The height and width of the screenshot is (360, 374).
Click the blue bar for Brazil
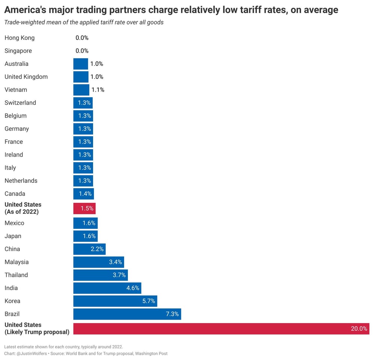pyautogui.click(x=127, y=314)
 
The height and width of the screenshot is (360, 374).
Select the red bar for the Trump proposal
pyautogui.click(x=221, y=329)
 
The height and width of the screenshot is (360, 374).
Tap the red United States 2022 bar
pyautogui.click(x=85, y=208)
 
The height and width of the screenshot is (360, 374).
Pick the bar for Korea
pyautogui.click(x=115, y=301)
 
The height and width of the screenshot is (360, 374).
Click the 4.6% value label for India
pyautogui.click(x=132, y=288)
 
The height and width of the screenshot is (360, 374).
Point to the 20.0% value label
pyautogui.click(x=359, y=329)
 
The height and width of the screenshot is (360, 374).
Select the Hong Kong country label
pyautogui.click(x=19, y=38)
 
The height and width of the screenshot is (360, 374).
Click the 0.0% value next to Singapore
pyautogui.click(x=82, y=51)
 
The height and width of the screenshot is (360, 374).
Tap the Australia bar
pyautogui.click(x=81, y=64)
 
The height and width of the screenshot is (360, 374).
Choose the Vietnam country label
pyautogui.click(x=16, y=90)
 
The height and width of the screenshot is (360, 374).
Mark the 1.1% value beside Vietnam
pyautogui.click(x=98, y=90)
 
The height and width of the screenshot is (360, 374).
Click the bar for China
pyautogui.click(x=89, y=249)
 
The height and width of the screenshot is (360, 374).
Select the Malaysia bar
pyautogui.click(x=98, y=262)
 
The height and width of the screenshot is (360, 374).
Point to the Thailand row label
pyautogui.click(x=16, y=275)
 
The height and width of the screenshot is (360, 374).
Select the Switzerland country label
pyautogui.click(x=20, y=103)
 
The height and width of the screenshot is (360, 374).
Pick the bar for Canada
pyautogui.click(x=83, y=194)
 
